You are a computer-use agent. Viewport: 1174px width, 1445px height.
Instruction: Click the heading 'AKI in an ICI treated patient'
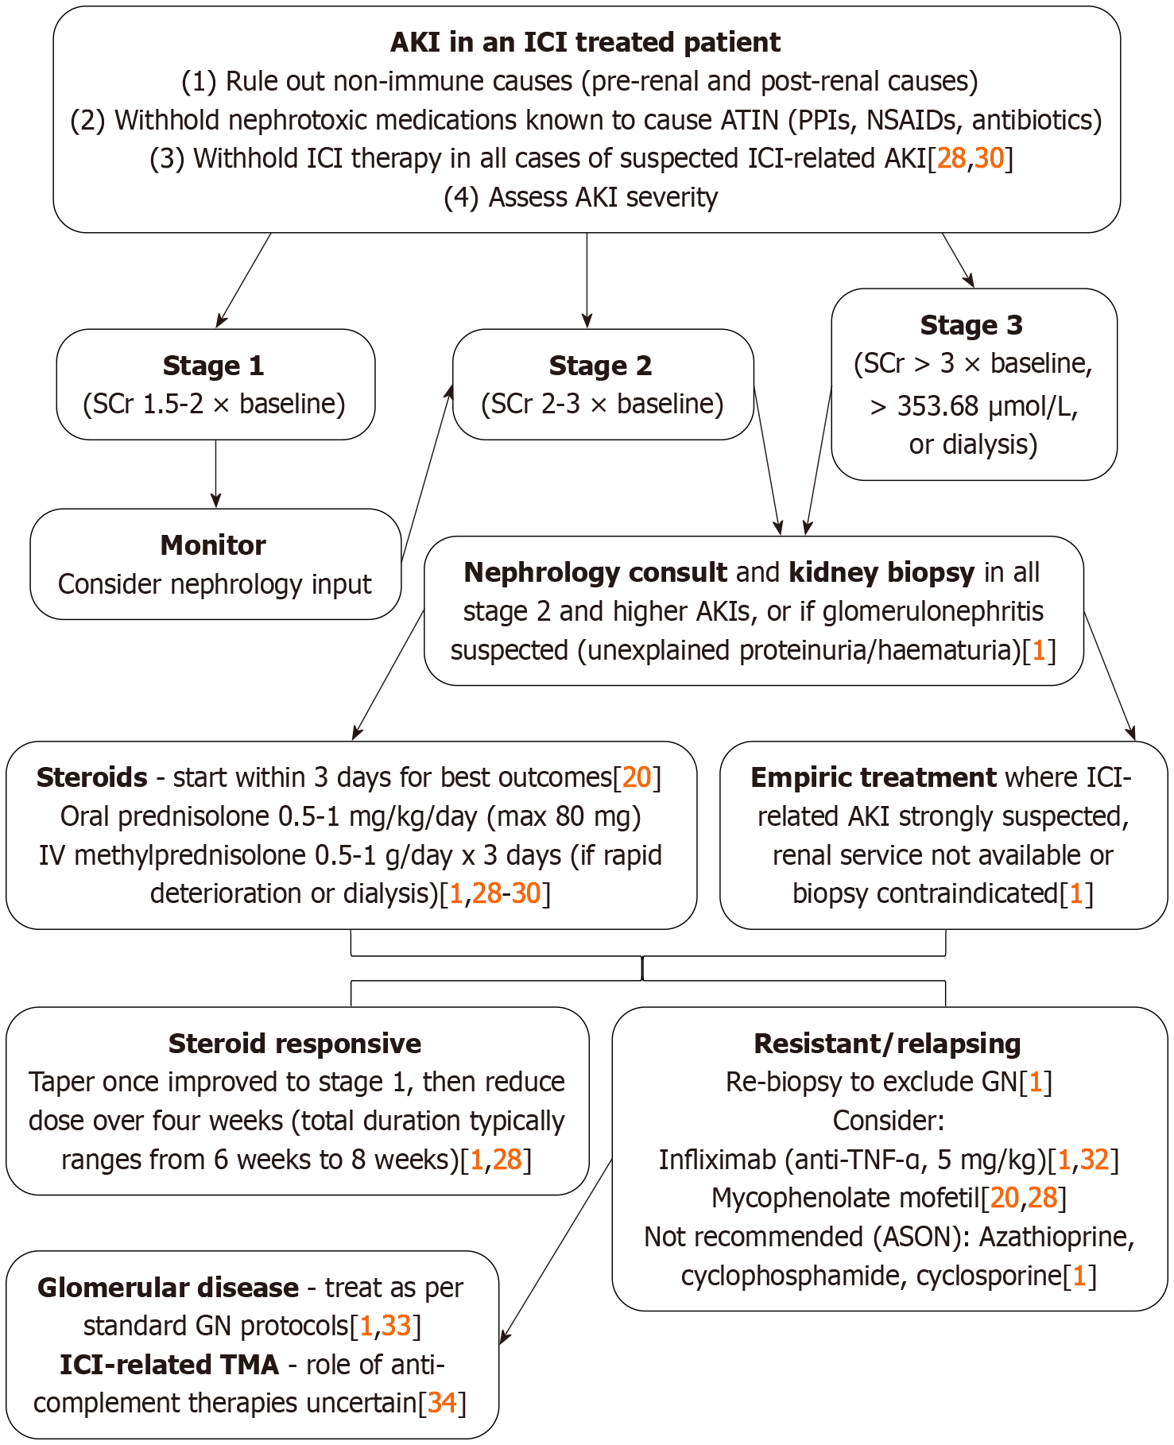585,42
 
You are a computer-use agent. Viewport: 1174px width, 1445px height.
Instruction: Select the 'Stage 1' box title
213,366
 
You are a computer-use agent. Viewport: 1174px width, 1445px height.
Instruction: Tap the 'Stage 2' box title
600,366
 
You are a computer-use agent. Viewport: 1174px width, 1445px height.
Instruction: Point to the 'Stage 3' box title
971,325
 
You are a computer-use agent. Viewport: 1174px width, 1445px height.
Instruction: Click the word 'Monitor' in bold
213,545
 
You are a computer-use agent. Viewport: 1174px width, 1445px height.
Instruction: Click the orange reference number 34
442,1403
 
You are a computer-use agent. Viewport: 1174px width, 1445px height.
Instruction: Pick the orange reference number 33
396,1326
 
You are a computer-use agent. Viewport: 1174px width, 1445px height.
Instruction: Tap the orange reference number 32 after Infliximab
1094,1160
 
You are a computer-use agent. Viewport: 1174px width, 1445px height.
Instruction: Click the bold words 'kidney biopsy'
881,572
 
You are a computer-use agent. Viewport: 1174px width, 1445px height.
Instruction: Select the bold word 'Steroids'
92,777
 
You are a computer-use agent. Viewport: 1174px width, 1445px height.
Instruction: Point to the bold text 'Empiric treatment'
873,777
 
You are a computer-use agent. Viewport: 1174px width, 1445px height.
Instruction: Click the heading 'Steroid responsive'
295,1044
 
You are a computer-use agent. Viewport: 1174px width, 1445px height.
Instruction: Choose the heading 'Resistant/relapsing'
887,1044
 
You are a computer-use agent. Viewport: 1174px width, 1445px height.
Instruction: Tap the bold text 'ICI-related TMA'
169,1365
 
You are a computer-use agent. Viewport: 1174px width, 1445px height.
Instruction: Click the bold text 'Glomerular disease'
168,1288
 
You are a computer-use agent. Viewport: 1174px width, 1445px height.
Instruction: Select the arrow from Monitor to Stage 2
428,473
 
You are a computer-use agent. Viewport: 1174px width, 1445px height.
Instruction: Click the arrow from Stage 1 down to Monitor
215,475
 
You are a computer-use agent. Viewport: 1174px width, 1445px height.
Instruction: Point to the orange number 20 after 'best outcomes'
637,777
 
